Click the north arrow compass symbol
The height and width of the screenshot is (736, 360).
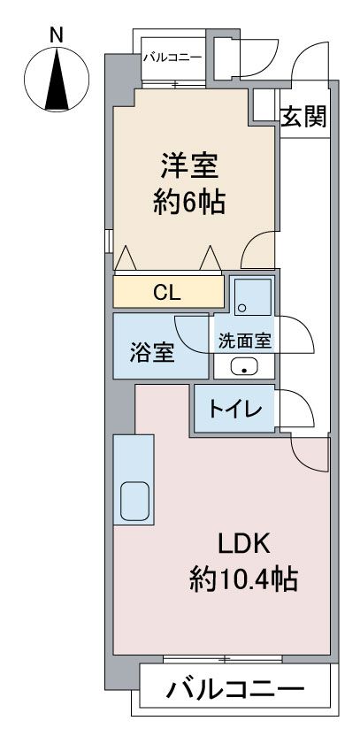(57, 79)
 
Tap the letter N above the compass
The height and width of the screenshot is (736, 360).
(57, 35)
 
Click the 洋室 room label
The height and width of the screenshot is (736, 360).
(189, 166)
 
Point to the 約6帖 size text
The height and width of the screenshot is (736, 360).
(189, 202)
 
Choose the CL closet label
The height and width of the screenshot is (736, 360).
(166, 294)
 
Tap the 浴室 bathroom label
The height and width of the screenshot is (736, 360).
(152, 351)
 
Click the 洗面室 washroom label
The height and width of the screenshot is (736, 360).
(245, 341)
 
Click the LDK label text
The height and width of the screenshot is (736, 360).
(243, 544)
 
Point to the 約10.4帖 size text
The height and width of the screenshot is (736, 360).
(243, 580)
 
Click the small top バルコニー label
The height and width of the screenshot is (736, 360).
(172, 57)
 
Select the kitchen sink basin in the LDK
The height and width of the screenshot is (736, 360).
(134, 502)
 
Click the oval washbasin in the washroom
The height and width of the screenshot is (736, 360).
(244, 366)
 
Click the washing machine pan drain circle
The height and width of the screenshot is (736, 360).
(242, 308)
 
